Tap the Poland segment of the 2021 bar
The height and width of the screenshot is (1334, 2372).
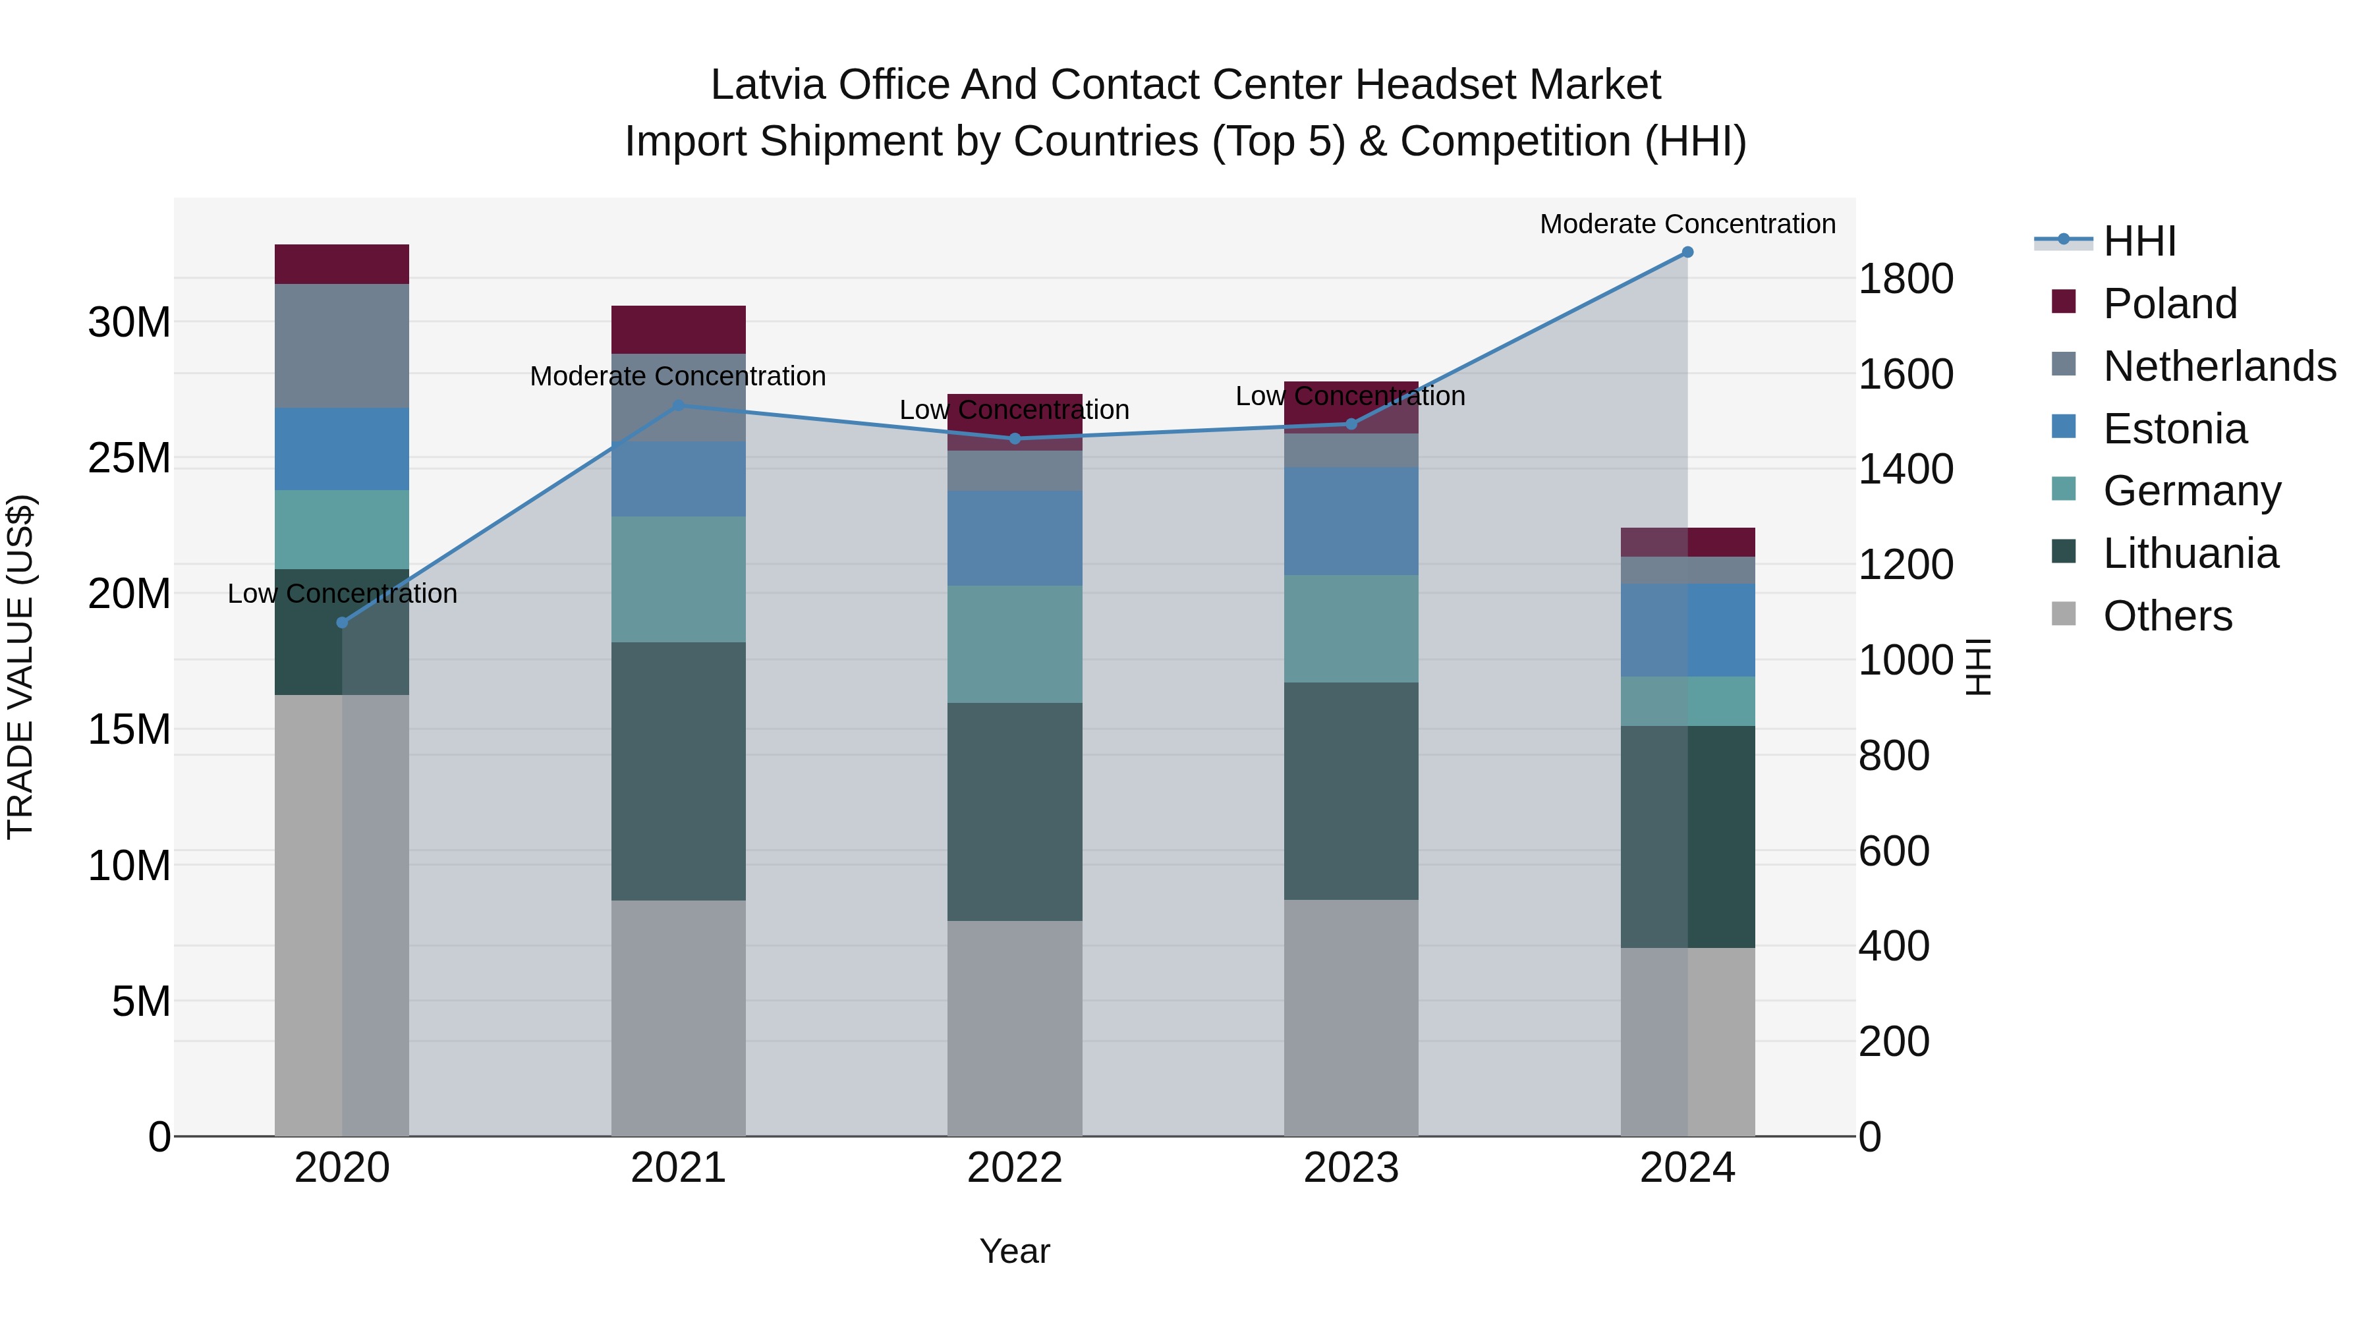[x=678, y=329]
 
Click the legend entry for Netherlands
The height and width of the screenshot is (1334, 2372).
[x=2219, y=366]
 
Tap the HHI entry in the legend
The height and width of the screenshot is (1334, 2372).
[x=2139, y=241]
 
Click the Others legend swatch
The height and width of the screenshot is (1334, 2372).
[x=2064, y=613]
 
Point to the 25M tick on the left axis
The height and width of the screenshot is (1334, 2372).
[x=129, y=458]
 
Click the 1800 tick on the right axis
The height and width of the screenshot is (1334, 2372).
[x=1905, y=278]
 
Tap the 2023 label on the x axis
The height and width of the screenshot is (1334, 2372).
[x=1351, y=1168]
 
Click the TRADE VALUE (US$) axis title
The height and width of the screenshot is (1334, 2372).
[x=20, y=667]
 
